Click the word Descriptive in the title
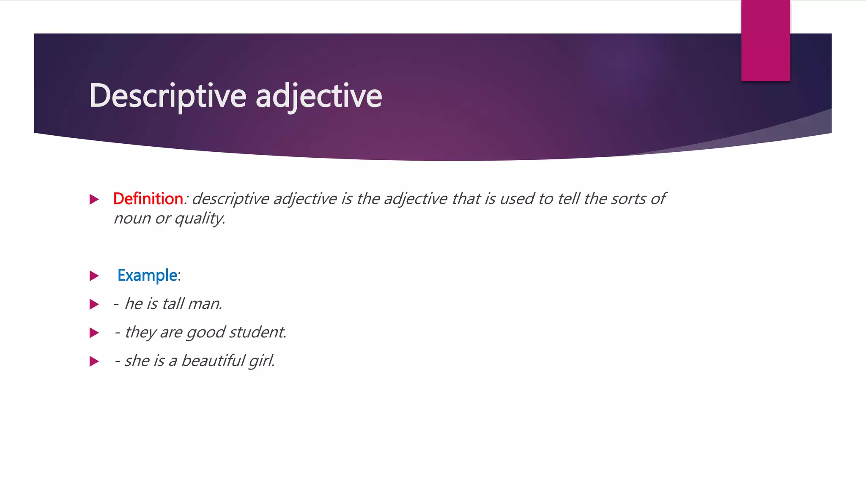(167, 96)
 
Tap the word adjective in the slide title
(319, 96)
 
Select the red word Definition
(148, 199)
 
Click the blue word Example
(147, 275)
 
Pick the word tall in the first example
(173, 304)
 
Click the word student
(258, 332)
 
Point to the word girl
(262, 361)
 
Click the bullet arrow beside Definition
(94, 199)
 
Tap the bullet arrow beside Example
(94, 276)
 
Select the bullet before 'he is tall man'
(94, 304)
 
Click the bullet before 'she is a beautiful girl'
(94, 361)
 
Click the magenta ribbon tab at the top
(765, 41)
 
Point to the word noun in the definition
(132, 219)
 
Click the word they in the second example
(140, 332)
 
